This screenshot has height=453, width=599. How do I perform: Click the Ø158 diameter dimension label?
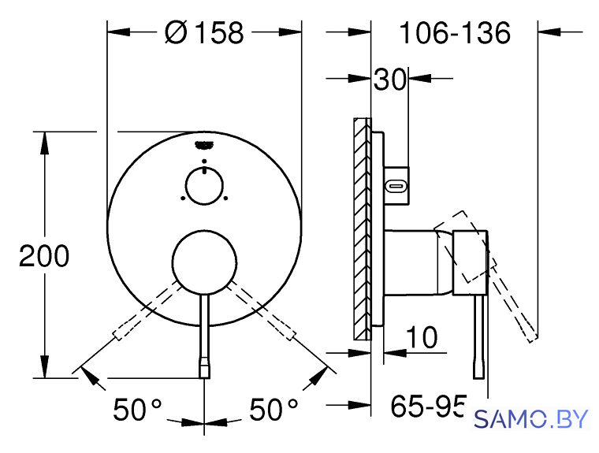pos(204,32)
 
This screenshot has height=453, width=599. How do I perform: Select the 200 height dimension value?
pos(44,256)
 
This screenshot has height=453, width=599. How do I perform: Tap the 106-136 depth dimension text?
pos(455,33)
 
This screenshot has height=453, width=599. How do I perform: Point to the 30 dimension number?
pos(389,79)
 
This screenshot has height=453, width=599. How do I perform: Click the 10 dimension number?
pos(422,337)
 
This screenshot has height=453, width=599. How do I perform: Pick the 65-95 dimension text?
pos(428,406)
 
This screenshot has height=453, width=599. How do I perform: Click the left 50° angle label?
pos(137,410)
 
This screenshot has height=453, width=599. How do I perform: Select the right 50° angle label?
pos(273,410)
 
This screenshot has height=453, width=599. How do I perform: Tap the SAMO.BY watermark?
pos(530,419)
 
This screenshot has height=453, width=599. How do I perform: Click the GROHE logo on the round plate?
pos(203,145)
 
